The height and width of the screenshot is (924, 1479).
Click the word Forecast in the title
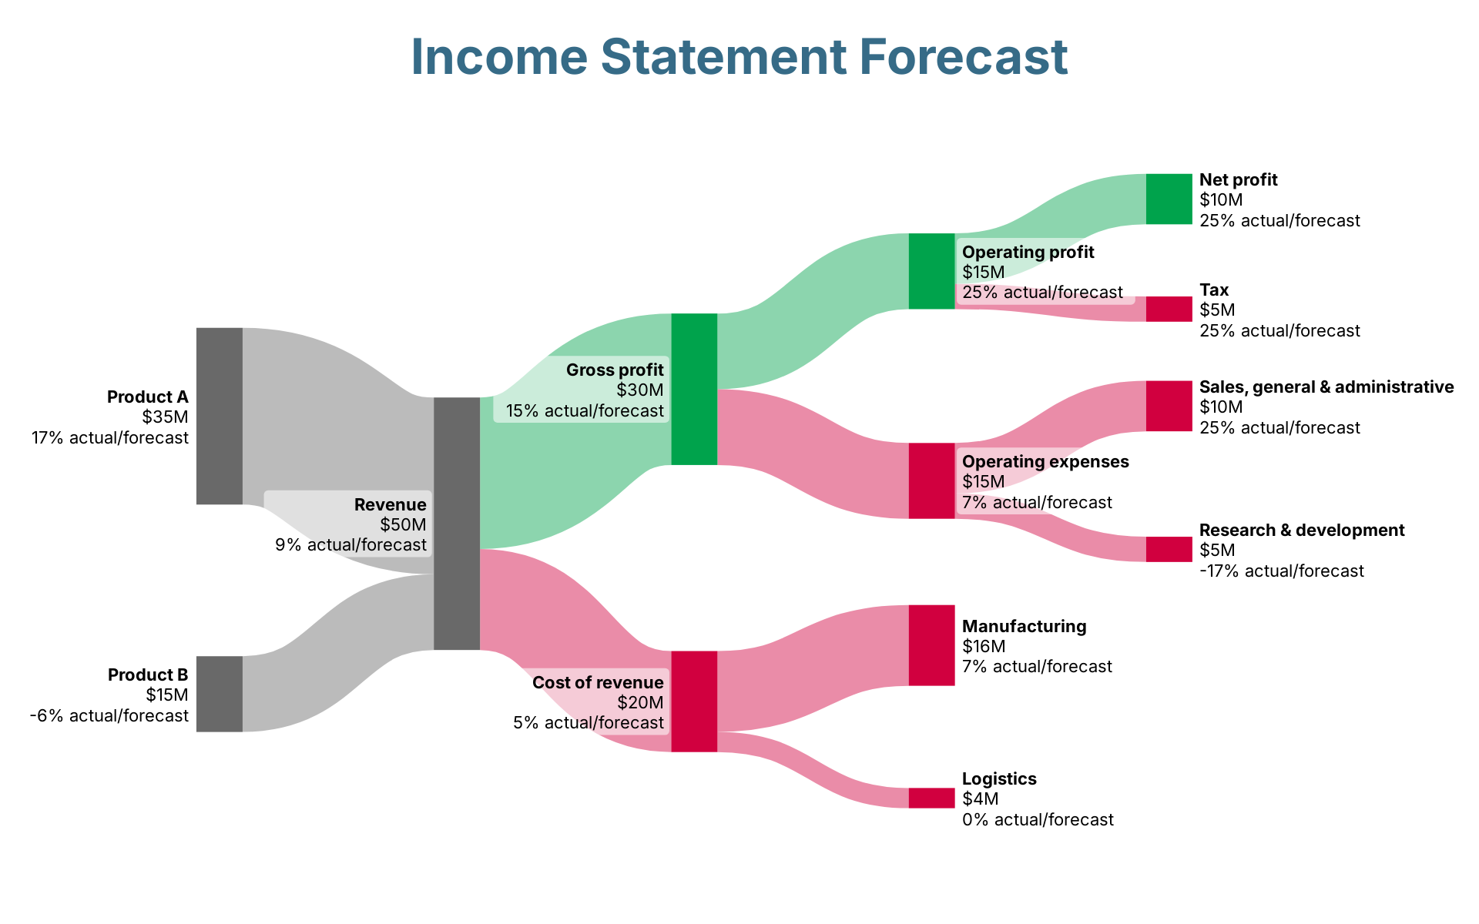963,57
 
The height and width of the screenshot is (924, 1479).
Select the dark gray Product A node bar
220,416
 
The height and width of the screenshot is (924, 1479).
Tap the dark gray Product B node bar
220,694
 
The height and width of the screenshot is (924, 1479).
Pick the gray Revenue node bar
457,524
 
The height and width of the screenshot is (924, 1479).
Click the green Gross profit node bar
694,389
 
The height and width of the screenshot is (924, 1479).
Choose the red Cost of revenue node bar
694,701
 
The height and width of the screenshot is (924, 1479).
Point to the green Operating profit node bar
932,271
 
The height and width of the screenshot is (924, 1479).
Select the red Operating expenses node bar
932,480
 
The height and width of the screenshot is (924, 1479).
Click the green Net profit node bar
1169,199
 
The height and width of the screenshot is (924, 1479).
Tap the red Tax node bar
1169,309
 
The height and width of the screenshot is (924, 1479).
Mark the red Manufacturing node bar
932,645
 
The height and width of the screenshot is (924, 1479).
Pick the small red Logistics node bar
932,798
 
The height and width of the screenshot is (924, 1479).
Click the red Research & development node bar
1169,549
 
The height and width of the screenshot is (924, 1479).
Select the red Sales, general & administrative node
1169,406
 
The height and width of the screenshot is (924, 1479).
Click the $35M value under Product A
165,417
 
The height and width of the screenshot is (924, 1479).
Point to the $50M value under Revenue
403,525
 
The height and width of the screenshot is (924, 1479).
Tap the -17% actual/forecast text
1282,571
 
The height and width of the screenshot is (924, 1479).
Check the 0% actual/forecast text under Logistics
1038,819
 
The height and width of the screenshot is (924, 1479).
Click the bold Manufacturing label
1025,626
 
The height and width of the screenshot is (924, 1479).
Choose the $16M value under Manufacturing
984,646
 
